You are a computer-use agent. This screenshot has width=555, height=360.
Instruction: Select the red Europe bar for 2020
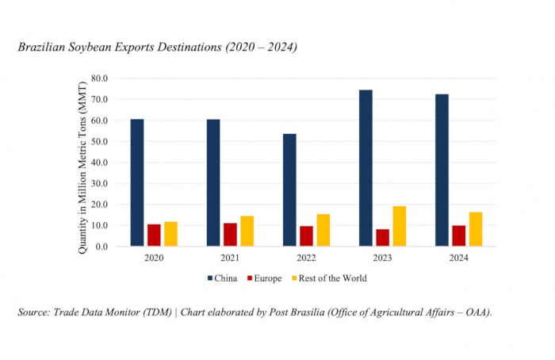click(154, 235)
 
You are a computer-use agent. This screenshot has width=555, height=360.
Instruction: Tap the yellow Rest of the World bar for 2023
click(400, 226)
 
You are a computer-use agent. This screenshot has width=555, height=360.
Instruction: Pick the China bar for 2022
click(289, 190)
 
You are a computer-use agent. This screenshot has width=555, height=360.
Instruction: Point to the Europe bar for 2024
click(458, 236)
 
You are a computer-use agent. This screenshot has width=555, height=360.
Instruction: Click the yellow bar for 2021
click(247, 231)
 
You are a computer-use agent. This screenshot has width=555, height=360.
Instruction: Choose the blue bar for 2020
click(137, 182)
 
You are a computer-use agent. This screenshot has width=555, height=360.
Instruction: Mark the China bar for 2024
click(442, 170)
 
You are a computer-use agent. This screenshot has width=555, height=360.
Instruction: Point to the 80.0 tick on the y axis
click(98, 79)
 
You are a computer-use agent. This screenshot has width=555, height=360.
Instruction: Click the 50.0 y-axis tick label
click(98, 141)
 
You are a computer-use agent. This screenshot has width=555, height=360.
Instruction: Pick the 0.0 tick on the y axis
click(101, 246)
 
